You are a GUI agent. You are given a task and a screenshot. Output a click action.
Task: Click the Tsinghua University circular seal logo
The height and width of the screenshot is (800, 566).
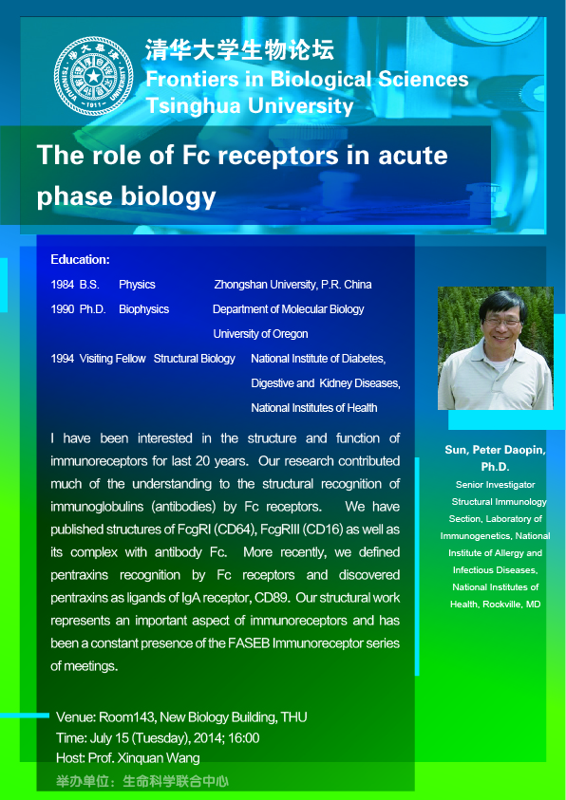93,76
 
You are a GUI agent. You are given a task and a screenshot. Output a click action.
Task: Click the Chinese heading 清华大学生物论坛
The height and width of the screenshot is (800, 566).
240,50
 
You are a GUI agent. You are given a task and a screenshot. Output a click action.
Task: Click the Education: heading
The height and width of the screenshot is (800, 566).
80,260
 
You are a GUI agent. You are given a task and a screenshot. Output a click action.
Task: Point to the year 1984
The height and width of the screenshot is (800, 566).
63,285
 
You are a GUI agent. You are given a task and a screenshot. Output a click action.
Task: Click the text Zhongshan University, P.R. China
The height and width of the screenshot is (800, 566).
292,285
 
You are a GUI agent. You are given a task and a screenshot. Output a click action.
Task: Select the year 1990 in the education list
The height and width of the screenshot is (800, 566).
63,309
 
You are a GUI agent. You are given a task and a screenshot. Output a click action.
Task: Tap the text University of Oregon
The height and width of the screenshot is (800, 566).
260,334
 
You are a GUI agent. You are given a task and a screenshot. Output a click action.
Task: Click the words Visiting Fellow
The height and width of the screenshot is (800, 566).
112,359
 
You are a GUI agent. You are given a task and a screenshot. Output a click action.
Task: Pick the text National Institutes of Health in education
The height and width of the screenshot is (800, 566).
314,408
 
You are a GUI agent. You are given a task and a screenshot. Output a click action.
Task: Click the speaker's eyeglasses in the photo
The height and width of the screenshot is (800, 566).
502,322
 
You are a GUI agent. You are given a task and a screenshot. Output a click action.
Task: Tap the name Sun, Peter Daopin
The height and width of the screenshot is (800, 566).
495,451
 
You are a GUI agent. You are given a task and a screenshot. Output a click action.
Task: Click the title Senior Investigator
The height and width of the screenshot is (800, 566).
495,485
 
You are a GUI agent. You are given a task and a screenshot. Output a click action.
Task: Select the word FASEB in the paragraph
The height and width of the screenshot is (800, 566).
252,643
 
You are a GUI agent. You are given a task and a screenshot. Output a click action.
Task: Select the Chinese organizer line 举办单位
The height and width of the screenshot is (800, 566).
141,781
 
